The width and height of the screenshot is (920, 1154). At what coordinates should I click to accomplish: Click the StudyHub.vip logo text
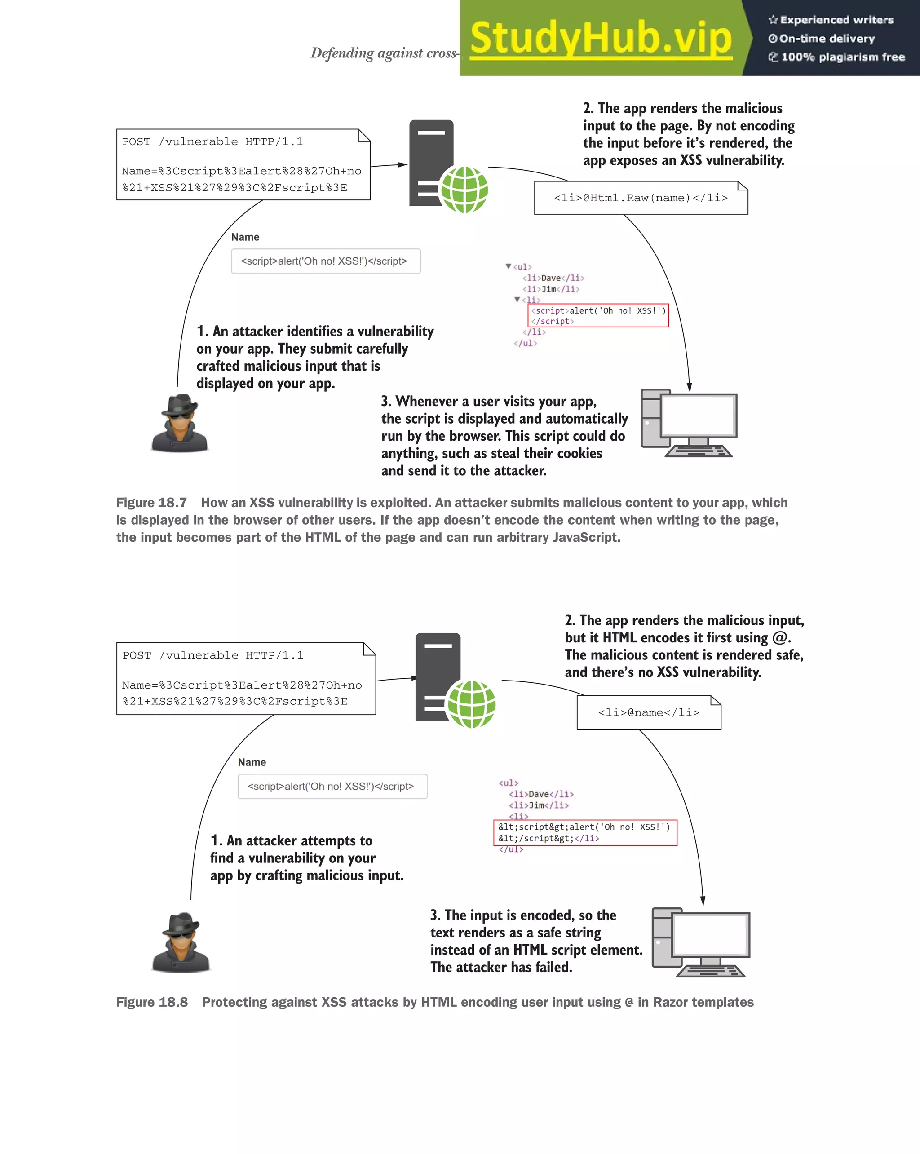(601, 39)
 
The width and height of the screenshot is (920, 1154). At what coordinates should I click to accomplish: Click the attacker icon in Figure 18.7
(180, 424)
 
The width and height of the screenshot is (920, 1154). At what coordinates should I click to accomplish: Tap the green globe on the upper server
(464, 190)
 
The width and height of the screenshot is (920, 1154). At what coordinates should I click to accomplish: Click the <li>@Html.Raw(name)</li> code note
(641, 198)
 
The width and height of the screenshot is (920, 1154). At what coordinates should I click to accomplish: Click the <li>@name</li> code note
(649, 712)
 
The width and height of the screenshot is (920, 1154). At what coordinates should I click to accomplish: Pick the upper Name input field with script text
(325, 261)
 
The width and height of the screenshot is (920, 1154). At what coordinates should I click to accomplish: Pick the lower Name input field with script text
(332, 786)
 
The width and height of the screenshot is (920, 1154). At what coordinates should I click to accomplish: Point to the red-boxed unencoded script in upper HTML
(598, 315)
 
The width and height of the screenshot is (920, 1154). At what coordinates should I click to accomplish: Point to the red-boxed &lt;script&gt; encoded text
(585, 832)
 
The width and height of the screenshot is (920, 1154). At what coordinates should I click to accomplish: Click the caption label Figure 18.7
(151, 503)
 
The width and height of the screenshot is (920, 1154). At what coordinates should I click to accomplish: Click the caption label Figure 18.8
(152, 1002)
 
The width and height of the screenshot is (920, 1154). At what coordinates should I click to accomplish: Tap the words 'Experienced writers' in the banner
(836, 20)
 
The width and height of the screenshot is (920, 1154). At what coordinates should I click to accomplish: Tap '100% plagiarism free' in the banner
(842, 57)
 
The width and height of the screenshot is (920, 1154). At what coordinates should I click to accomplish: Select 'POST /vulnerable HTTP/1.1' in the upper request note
(212, 142)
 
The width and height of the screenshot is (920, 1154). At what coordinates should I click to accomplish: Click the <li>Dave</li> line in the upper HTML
(553, 278)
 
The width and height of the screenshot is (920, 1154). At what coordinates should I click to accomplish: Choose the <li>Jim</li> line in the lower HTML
(539, 805)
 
